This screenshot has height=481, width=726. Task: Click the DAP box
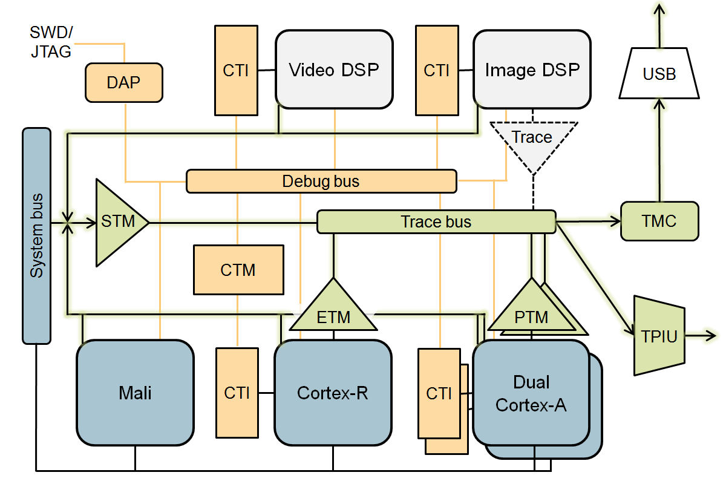pyautogui.click(x=124, y=82)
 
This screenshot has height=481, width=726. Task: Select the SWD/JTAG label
pyautogui.click(x=51, y=41)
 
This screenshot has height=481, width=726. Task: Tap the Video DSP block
pyautogui.click(x=333, y=70)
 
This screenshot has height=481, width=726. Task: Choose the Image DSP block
pyautogui.click(x=532, y=70)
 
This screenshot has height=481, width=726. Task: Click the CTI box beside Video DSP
pyautogui.click(x=236, y=70)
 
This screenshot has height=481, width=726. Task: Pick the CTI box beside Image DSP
pyautogui.click(x=436, y=70)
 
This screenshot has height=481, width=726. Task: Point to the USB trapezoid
pyautogui.click(x=659, y=74)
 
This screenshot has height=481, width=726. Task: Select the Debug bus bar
pyautogui.click(x=321, y=181)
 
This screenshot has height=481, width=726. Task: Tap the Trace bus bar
pyautogui.click(x=436, y=221)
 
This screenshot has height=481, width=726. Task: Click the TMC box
pyautogui.click(x=659, y=221)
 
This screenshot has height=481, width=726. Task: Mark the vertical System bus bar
pyautogui.click(x=36, y=236)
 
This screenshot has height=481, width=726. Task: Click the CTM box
pyautogui.click(x=238, y=269)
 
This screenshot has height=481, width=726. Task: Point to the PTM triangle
pyautogui.click(x=532, y=310)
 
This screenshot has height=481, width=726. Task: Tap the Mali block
pyautogui.click(x=135, y=393)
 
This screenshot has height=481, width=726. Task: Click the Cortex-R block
pyautogui.click(x=333, y=393)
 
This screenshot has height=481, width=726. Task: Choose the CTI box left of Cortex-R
pyautogui.click(x=237, y=393)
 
